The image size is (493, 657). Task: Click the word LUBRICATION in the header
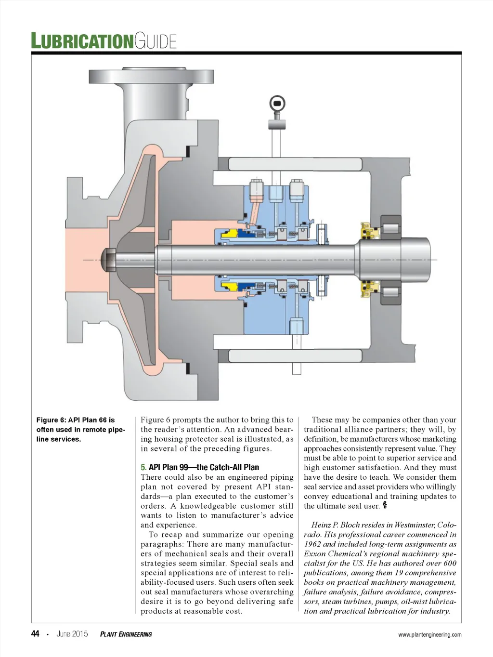point(82,41)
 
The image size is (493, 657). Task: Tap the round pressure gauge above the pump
point(277,103)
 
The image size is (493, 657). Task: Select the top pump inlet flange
point(151,76)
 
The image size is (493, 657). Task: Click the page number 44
point(35,633)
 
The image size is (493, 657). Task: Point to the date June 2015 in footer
point(72,634)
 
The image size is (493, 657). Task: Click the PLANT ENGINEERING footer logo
point(126,634)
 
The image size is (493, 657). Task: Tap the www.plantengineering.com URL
point(429,634)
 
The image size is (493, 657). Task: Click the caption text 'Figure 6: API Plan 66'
point(76,420)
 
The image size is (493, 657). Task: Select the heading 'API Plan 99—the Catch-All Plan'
point(204,467)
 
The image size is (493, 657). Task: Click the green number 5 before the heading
point(143,467)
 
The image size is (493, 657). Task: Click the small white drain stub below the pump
point(297,368)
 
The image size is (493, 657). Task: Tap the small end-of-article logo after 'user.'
point(385,505)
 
